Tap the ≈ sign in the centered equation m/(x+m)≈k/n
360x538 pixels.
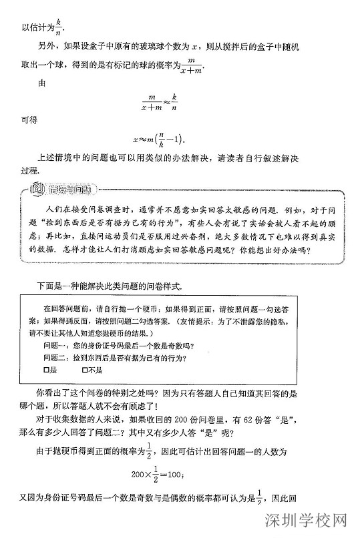click(x=164, y=101)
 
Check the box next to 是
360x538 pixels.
click(x=47, y=370)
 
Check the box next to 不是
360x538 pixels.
click(x=83, y=370)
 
